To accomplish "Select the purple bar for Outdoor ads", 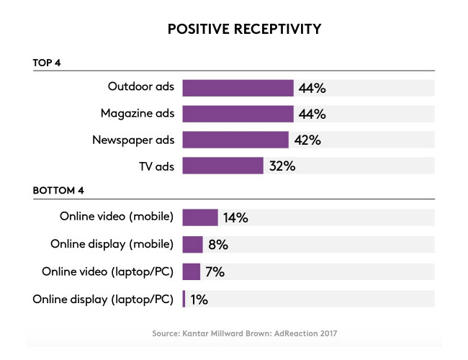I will pyautogui.click(x=238, y=88).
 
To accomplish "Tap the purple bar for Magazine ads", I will pyautogui.click(x=238, y=114).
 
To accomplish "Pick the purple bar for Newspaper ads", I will pyautogui.click(x=235, y=140).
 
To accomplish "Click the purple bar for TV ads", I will pyautogui.click(x=222, y=166).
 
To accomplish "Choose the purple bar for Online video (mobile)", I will pyautogui.click(x=200, y=217).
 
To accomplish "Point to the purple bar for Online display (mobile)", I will pyautogui.click(x=193, y=244).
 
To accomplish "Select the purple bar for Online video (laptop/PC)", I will pyautogui.click(x=192, y=271).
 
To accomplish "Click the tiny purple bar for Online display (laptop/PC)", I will pyautogui.click(x=184, y=298).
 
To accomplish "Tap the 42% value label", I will pyautogui.click(x=307, y=140).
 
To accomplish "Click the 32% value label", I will pyautogui.click(x=282, y=166).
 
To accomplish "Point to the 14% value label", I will pyautogui.click(x=235, y=218).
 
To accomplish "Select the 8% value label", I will pyautogui.click(x=218, y=245).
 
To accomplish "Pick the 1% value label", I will pyautogui.click(x=199, y=299).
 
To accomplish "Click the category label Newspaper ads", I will pyautogui.click(x=134, y=140).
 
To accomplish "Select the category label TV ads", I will pyautogui.click(x=156, y=166).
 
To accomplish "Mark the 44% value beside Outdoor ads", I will pyautogui.click(x=312, y=89).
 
